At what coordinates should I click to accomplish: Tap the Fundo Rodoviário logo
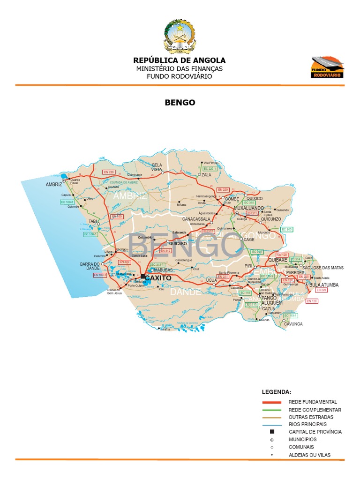328,67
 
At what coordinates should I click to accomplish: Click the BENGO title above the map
180,102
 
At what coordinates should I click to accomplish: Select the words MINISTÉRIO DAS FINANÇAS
180,68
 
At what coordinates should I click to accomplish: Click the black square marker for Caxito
142,276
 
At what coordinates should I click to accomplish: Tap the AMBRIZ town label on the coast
54,185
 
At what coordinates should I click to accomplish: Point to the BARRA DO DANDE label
90,266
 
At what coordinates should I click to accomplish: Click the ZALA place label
207,175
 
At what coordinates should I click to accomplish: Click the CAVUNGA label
293,324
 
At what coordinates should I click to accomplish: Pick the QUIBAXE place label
277,259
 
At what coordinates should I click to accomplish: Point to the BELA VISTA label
157,167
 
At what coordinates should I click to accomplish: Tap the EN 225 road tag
322,290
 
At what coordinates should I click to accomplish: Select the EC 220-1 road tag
209,168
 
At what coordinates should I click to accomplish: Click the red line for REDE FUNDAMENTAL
271,402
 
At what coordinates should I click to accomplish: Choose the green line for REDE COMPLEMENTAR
271,410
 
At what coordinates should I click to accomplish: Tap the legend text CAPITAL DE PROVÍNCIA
315,432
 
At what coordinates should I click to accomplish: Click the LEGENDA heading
276,391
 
